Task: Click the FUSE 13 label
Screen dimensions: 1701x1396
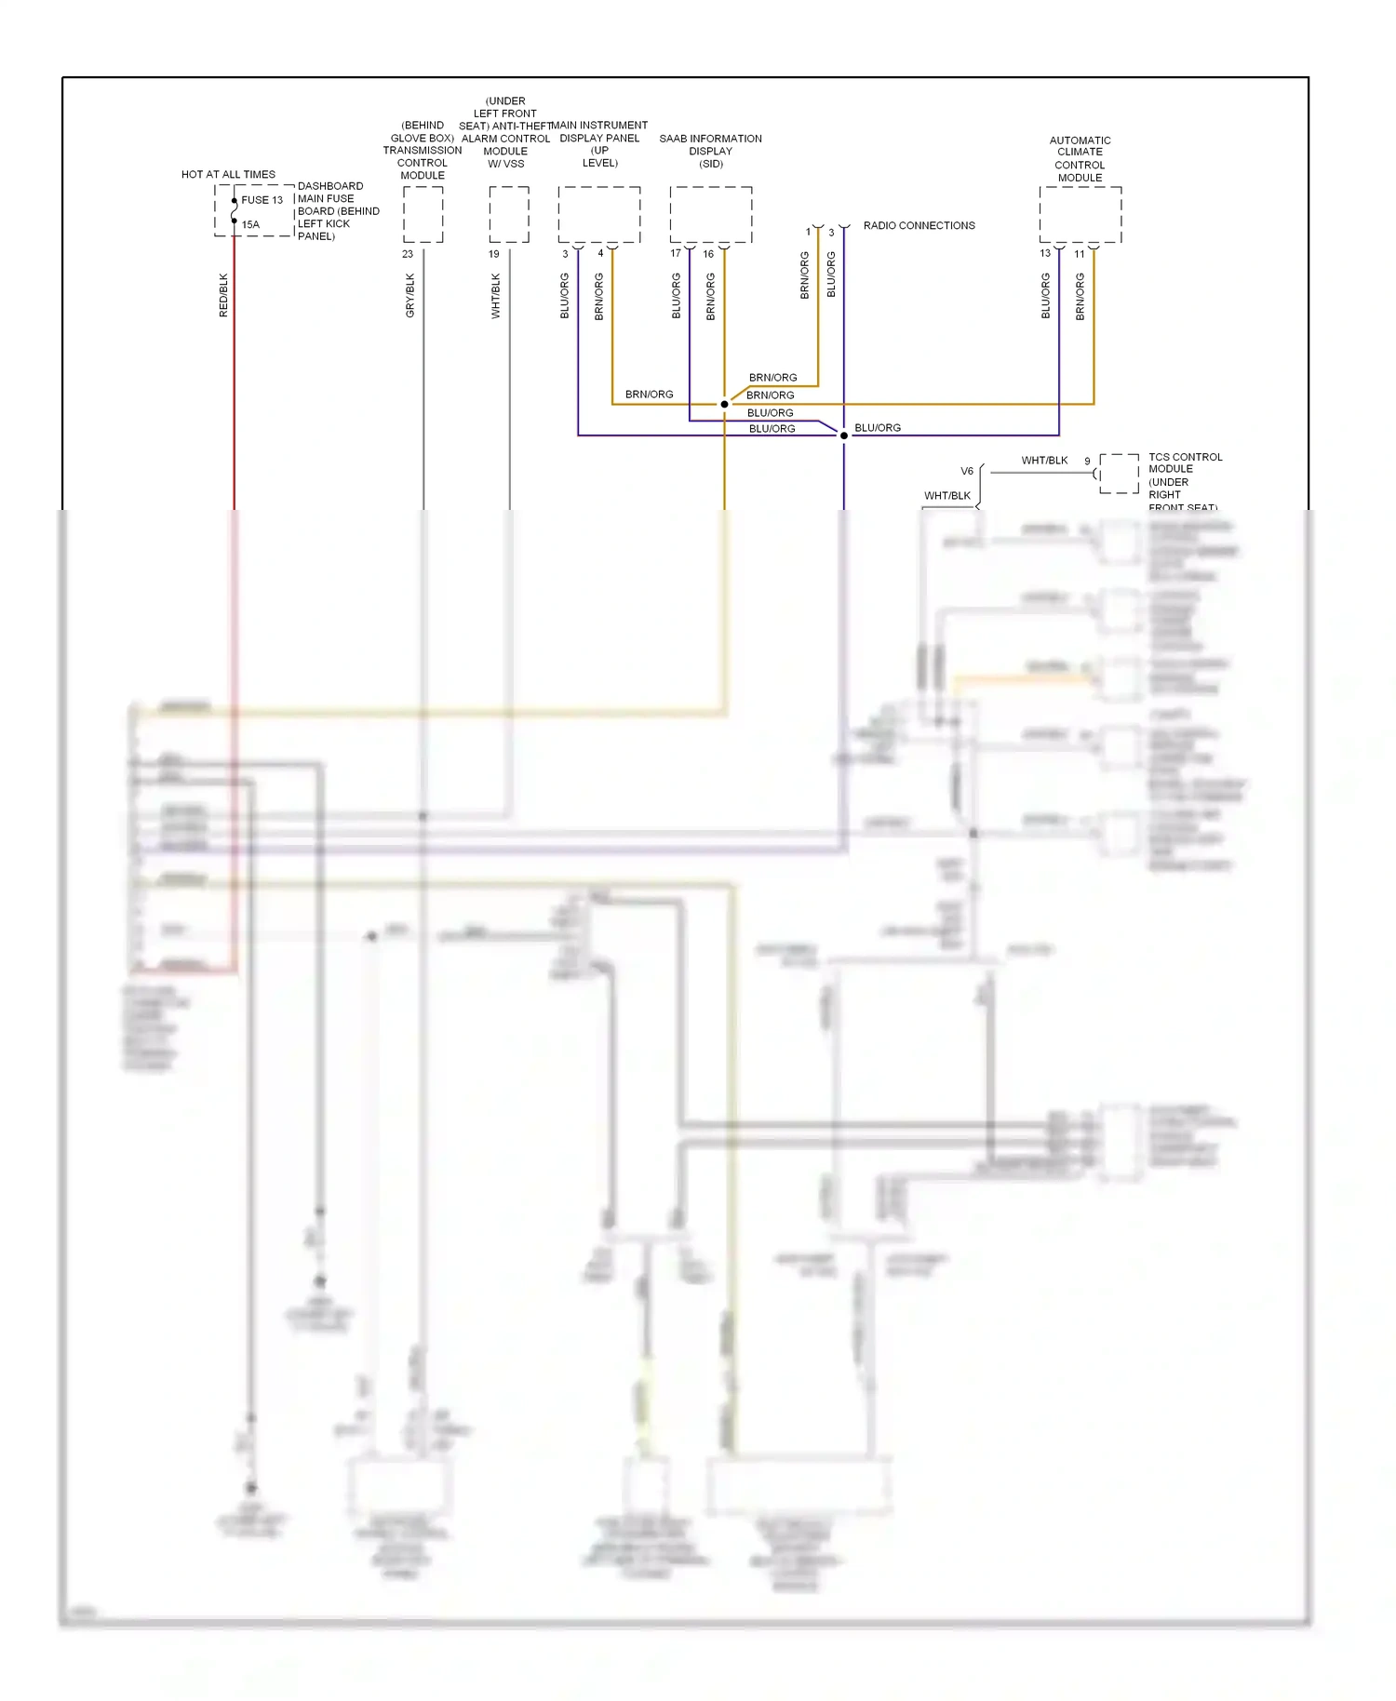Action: pos(262,200)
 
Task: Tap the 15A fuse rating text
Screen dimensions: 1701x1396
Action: pos(250,224)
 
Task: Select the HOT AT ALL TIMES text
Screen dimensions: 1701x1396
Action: pos(228,174)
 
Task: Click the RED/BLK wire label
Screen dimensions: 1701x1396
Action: pos(223,295)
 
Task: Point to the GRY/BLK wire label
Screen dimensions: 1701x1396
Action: pos(410,295)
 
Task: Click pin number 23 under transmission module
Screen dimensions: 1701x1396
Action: pos(408,254)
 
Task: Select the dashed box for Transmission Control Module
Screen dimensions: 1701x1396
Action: pos(423,215)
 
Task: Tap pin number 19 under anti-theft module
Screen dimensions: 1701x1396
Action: pos(494,254)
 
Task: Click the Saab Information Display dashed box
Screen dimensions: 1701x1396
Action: pos(711,215)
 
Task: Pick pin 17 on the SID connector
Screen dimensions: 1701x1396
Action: pos(676,253)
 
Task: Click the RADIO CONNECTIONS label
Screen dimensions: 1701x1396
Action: pos(919,225)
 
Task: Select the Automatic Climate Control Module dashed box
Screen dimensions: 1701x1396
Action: pos(1081,215)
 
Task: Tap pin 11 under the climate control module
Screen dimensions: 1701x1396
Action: pos(1080,254)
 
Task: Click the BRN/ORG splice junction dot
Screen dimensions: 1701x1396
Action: pos(724,404)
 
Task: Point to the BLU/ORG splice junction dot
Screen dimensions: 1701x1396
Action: pos(844,435)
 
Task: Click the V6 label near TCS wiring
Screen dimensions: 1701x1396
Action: pos(967,471)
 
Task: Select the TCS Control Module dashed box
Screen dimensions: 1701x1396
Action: pos(1119,474)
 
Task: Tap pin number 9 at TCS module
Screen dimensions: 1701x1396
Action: pos(1087,461)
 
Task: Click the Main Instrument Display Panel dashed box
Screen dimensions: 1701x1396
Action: pos(599,215)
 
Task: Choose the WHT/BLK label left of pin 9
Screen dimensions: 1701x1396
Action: pos(1044,461)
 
